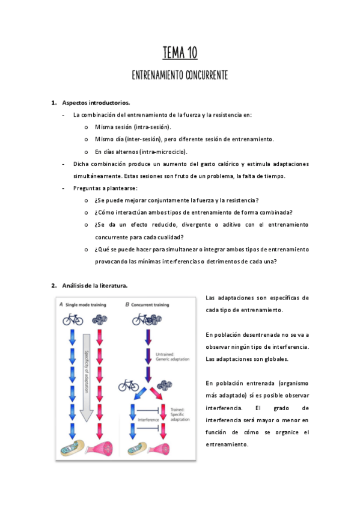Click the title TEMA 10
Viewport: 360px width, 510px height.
point(180,54)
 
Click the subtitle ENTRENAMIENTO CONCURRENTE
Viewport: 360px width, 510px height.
point(180,76)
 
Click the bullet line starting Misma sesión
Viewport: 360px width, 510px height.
point(133,127)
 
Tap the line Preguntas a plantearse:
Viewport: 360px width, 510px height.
point(105,188)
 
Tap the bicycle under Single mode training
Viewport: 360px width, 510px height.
point(73,319)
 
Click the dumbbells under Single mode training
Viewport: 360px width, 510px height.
point(99,319)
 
